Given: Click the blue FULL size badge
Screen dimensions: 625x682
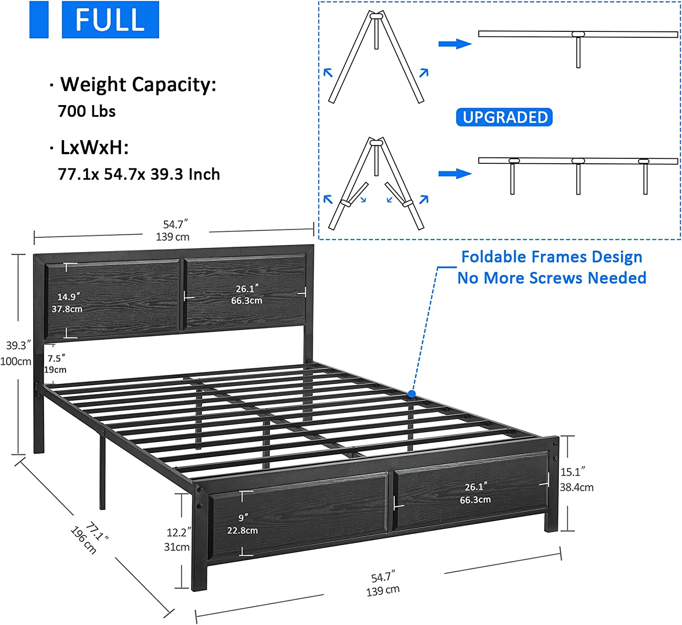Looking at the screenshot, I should [110, 20].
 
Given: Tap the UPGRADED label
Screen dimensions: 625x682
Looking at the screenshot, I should [504, 117].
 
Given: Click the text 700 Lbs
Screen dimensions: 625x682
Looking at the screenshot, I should [87, 111].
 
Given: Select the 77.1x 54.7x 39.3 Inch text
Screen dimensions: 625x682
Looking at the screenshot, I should [139, 174].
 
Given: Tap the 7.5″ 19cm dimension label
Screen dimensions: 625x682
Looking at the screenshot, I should [56, 364].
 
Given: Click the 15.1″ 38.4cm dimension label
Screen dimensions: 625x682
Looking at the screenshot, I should [576, 479].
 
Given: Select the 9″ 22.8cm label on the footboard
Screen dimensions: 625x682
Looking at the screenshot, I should [242, 524].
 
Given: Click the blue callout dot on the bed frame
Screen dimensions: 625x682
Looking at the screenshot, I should [412, 394].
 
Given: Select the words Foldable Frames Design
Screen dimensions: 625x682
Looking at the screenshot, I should [552, 257].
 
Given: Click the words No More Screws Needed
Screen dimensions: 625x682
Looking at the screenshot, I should [552, 278].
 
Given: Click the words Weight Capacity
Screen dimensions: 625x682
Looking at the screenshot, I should [138, 85].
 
